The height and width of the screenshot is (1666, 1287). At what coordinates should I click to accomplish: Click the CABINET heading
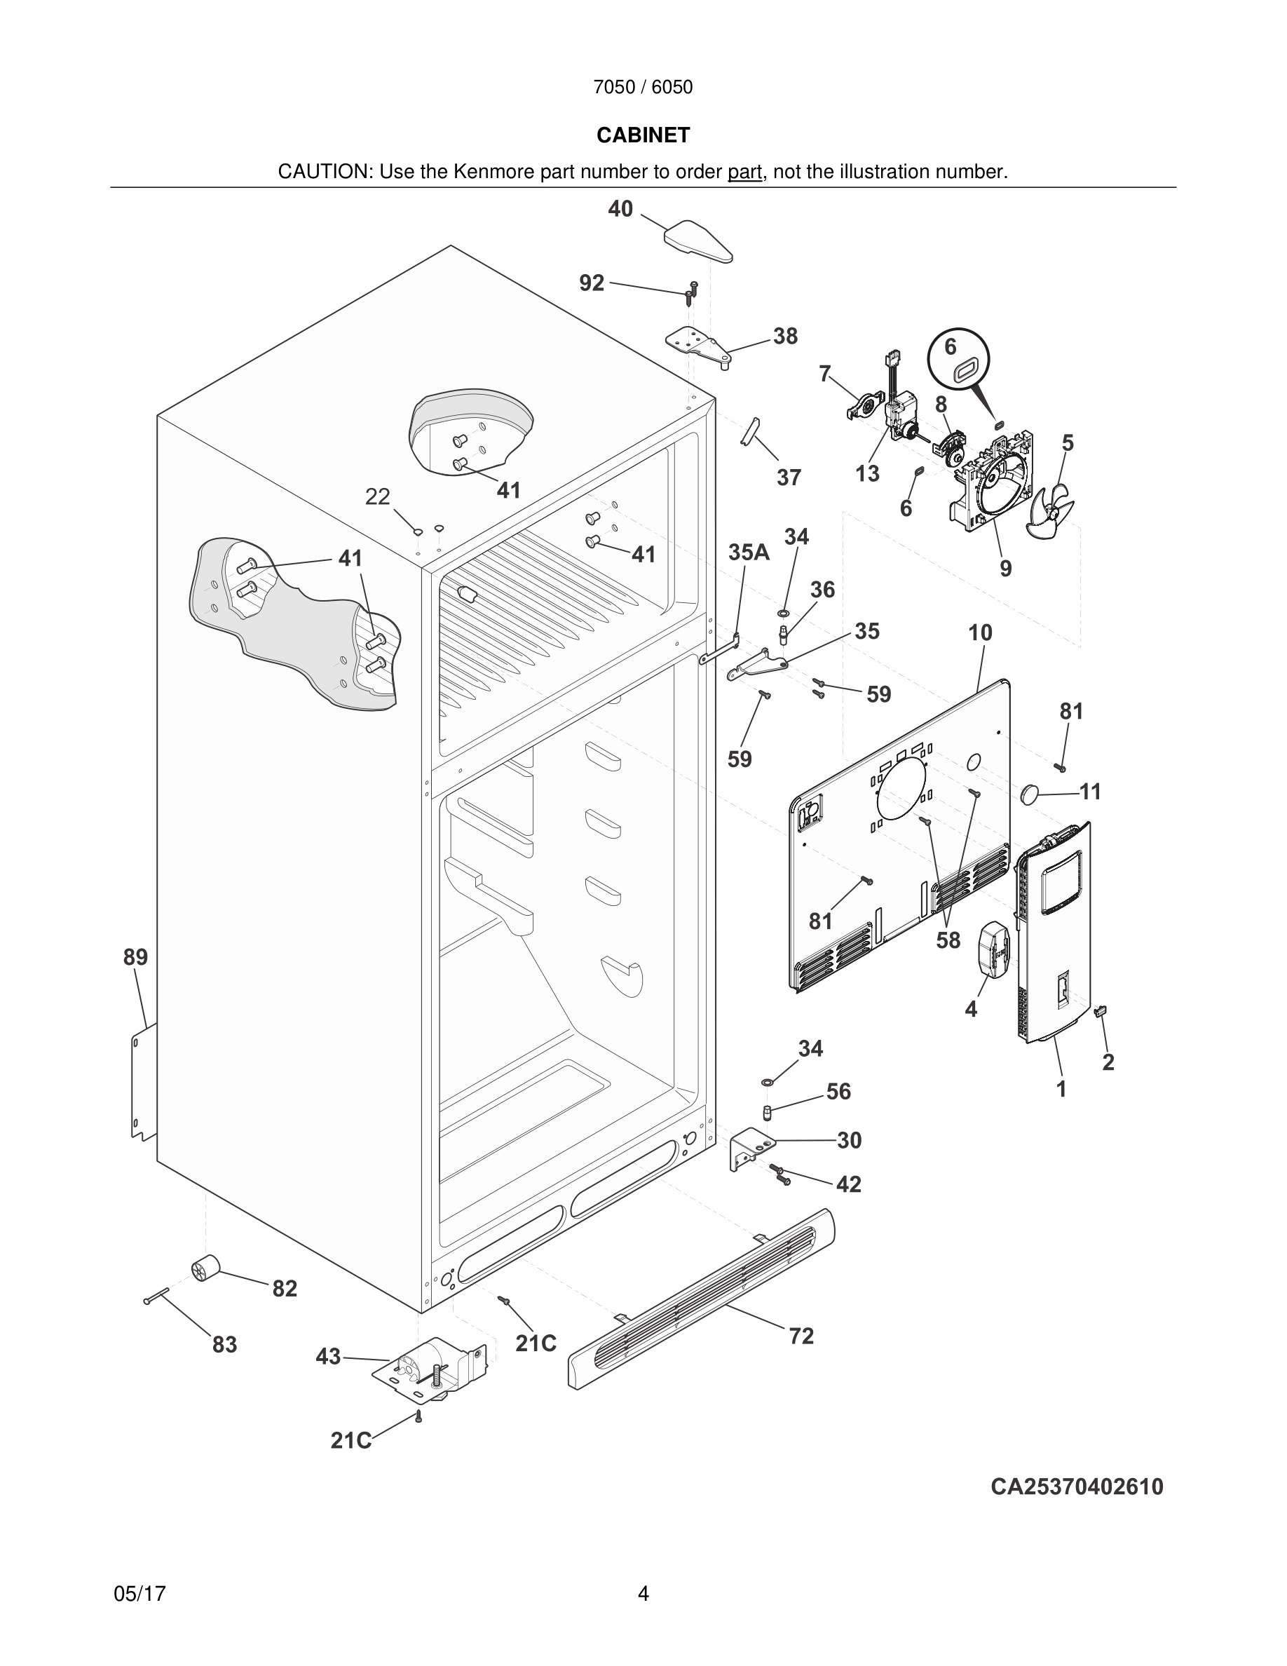pyautogui.click(x=643, y=135)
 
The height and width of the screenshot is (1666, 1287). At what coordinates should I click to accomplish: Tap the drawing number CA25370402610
pyautogui.click(x=1077, y=1486)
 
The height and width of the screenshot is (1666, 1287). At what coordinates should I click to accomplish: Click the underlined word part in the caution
pyautogui.click(x=744, y=172)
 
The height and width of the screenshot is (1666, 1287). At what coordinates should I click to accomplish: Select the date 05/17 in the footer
pyautogui.click(x=139, y=1594)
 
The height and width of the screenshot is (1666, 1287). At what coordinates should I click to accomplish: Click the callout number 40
pyautogui.click(x=620, y=209)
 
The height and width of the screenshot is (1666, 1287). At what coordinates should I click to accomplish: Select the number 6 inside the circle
pyautogui.click(x=950, y=347)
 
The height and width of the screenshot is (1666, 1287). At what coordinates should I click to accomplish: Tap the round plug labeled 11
pyautogui.click(x=1031, y=793)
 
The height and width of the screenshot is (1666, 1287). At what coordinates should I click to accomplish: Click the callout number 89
pyautogui.click(x=136, y=956)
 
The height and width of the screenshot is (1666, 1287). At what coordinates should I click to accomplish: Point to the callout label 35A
pyautogui.click(x=749, y=553)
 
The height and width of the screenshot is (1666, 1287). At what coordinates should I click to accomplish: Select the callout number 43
pyautogui.click(x=328, y=1357)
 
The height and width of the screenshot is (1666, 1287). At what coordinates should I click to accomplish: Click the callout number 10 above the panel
pyautogui.click(x=980, y=632)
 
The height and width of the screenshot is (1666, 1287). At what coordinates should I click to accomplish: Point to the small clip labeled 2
pyautogui.click(x=1101, y=1012)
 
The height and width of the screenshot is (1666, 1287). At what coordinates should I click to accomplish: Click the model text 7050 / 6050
pyautogui.click(x=643, y=88)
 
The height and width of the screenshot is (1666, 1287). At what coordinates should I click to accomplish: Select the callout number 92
pyautogui.click(x=592, y=283)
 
